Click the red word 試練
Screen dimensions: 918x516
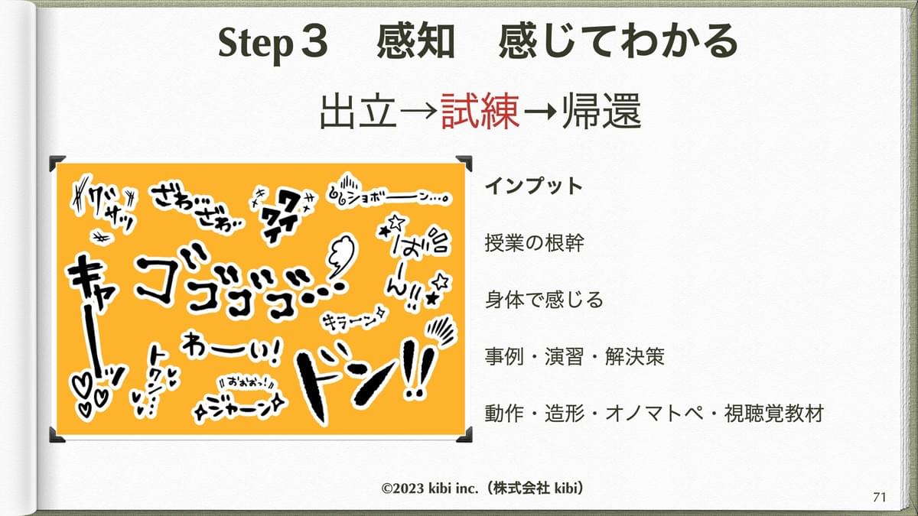480,112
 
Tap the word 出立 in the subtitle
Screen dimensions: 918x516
358,112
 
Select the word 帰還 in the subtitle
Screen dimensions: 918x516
601,112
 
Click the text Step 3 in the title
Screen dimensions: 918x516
273,43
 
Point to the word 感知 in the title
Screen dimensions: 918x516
415,41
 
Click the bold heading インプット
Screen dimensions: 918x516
534,186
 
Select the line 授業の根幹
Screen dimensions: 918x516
535,243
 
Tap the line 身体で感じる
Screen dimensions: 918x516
544,300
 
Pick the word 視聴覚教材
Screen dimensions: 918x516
774,414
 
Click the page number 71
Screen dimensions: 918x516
880,497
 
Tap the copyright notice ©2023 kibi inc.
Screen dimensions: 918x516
430,488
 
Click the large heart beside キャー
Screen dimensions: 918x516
83,386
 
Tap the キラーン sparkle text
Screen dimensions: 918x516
353,320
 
